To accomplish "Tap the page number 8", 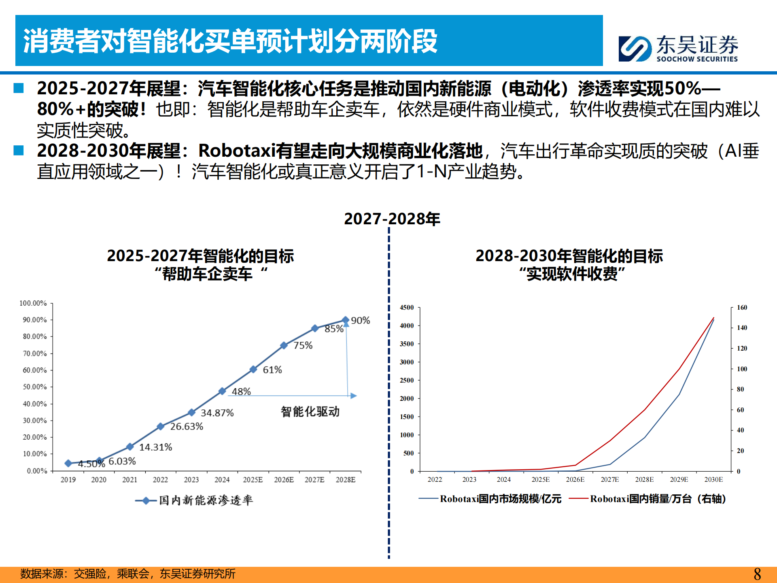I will pyautogui.click(x=757, y=574).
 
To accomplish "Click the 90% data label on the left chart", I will pyautogui.click(x=360, y=320).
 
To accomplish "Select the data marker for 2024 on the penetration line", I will pyautogui.click(x=222, y=391).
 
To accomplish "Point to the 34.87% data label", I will pyautogui.click(x=217, y=413).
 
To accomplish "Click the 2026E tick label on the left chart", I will pyautogui.click(x=284, y=480).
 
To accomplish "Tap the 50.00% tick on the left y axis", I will pyautogui.click(x=34, y=387).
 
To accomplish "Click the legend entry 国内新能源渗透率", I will pyautogui.click(x=205, y=500).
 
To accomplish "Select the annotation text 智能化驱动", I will pyautogui.click(x=310, y=412).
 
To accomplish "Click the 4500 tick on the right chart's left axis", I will pyautogui.click(x=407, y=308).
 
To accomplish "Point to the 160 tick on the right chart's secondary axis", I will pyautogui.click(x=742, y=308).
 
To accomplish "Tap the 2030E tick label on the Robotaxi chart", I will pyautogui.click(x=713, y=480).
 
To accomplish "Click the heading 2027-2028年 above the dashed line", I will pyautogui.click(x=392, y=219).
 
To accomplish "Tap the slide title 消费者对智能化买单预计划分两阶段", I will pyautogui.click(x=230, y=41).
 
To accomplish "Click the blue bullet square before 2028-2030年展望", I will pyautogui.click(x=19, y=151).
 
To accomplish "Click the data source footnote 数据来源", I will pyautogui.click(x=127, y=574).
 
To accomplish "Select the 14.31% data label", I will pyautogui.click(x=155, y=447).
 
